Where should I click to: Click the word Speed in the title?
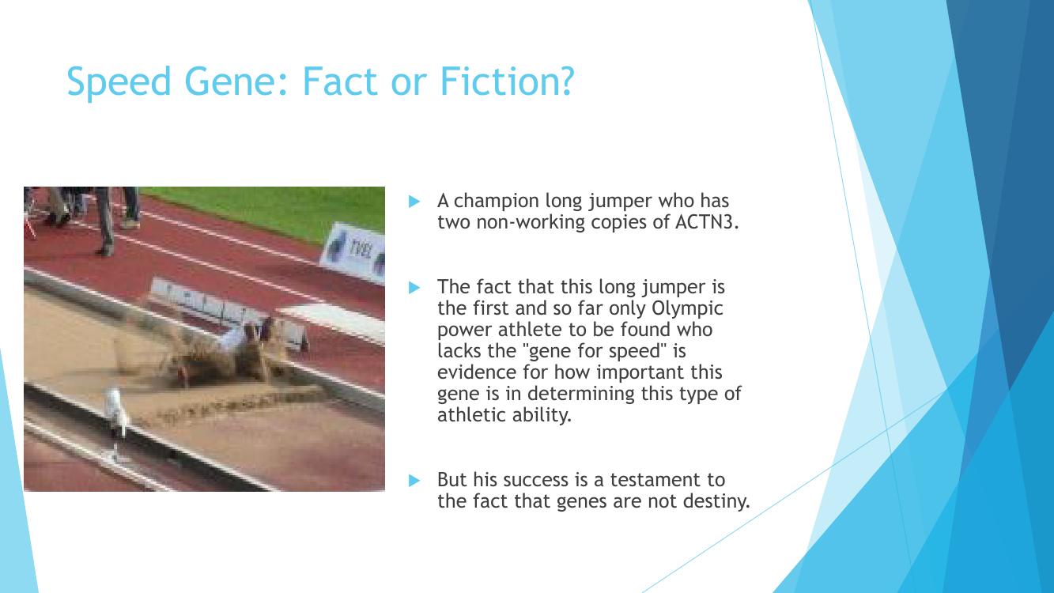point(119,82)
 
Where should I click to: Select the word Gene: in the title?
point(239,82)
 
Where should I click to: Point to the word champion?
point(496,202)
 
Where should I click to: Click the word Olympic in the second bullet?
point(687,309)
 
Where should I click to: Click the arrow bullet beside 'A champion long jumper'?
point(414,202)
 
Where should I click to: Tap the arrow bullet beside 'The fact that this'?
point(414,288)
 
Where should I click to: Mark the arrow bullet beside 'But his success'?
point(414,481)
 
